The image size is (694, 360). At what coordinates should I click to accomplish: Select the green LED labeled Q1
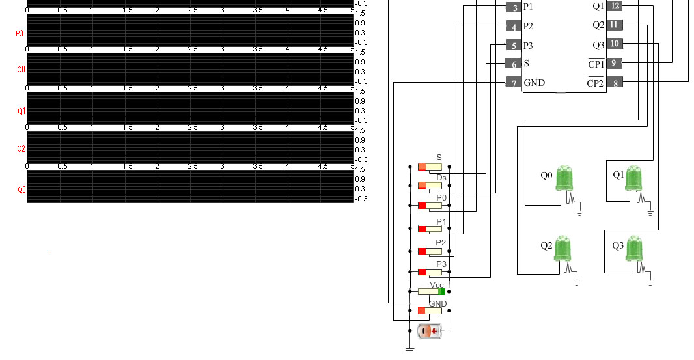[x=634, y=178]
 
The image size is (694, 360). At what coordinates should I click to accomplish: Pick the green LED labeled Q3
[x=634, y=249]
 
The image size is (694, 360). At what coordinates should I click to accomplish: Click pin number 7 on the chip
[x=514, y=83]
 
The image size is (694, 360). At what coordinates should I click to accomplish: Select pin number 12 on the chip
[x=615, y=6]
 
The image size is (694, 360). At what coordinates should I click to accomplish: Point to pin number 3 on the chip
[x=514, y=7]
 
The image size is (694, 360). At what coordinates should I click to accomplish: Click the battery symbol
[x=430, y=331]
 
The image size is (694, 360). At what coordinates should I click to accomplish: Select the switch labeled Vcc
[x=430, y=292]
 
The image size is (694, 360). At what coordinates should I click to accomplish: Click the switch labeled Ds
[x=430, y=186]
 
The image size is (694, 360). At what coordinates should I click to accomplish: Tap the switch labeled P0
[x=430, y=206]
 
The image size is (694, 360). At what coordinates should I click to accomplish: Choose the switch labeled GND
[x=430, y=311]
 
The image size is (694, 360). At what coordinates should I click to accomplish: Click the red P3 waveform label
[x=21, y=32]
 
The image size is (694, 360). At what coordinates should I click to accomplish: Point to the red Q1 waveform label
[x=21, y=111]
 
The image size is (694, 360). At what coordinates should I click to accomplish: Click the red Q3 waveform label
[x=21, y=189]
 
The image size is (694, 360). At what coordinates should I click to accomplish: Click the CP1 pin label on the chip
[x=596, y=64]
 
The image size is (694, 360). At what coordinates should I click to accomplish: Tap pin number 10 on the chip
[x=615, y=44]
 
